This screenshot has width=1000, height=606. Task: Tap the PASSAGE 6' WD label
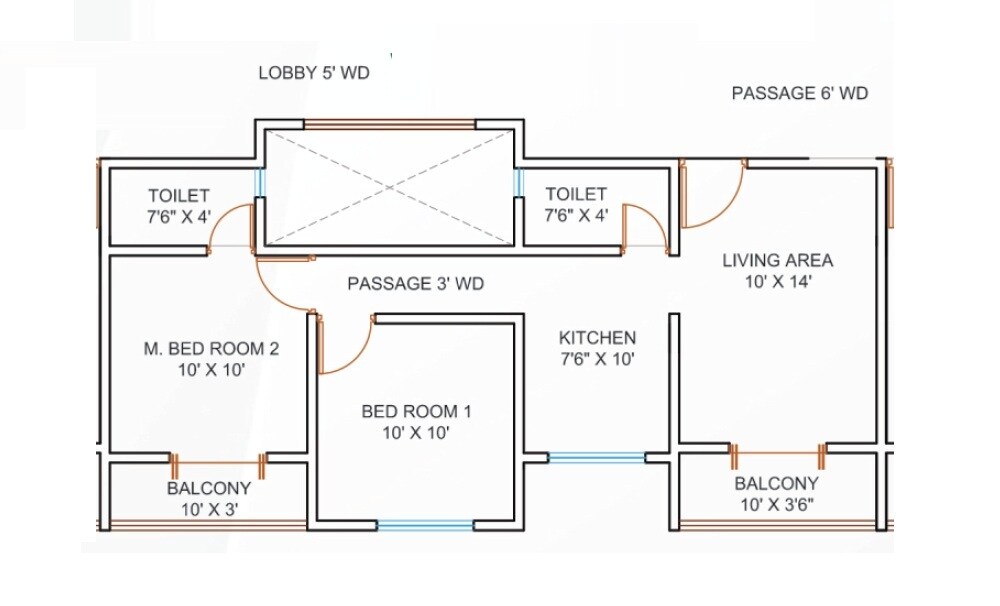click(x=799, y=93)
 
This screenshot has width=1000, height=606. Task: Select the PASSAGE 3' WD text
click(x=415, y=284)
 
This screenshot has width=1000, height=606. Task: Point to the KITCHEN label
click(x=597, y=338)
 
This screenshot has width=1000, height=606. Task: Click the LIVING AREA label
click(x=777, y=261)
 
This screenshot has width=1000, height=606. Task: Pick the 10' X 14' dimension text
click(x=777, y=282)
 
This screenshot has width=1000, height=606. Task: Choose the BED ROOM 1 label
click(x=415, y=411)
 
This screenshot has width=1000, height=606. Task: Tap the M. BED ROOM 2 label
click(x=210, y=349)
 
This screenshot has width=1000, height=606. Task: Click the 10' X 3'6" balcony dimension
click(x=777, y=504)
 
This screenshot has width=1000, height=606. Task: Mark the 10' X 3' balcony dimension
click(x=208, y=509)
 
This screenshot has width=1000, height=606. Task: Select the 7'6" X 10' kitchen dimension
click(x=597, y=358)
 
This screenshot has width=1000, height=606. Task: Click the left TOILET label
click(x=179, y=195)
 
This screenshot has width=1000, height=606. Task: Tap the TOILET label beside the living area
click(x=575, y=194)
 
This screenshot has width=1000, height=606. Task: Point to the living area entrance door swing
click(x=712, y=195)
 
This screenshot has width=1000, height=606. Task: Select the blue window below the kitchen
click(x=597, y=458)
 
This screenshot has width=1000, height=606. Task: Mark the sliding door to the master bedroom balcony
click(x=217, y=464)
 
